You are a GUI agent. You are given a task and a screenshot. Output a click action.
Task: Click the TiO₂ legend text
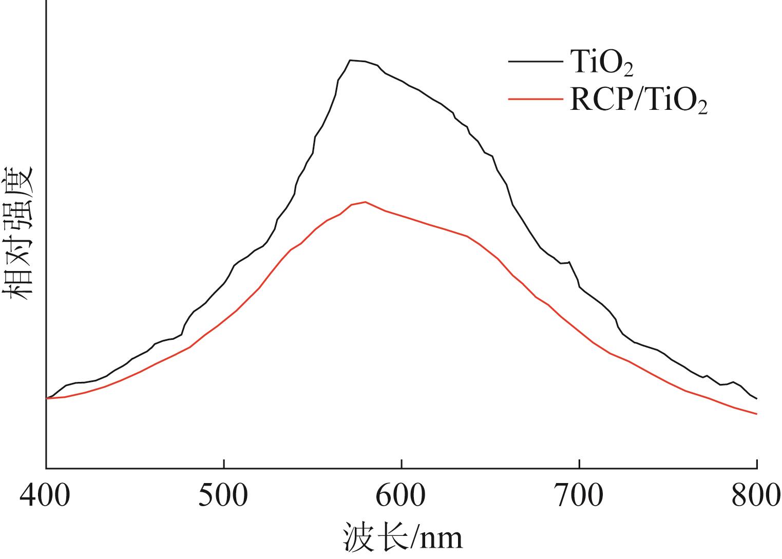pos(601,63)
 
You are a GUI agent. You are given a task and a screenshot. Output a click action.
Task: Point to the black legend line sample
pos(535,62)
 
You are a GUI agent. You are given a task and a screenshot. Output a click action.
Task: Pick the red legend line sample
pos(535,98)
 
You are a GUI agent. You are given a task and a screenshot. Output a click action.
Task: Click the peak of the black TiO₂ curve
pos(351,61)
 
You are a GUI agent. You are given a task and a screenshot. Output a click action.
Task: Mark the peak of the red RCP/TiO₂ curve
pos(365,202)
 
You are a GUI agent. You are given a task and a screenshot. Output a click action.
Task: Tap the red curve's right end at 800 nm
pos(756,414)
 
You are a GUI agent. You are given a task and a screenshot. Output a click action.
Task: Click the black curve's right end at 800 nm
pos(756,398)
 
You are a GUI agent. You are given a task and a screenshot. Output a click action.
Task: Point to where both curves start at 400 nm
pos(47,398)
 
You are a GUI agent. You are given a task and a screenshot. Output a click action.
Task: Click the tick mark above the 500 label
pos(224,465)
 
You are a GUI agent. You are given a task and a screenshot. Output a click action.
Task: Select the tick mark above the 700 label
pos(579,465)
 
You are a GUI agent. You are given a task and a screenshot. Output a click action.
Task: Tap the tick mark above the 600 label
pos(402,465)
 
